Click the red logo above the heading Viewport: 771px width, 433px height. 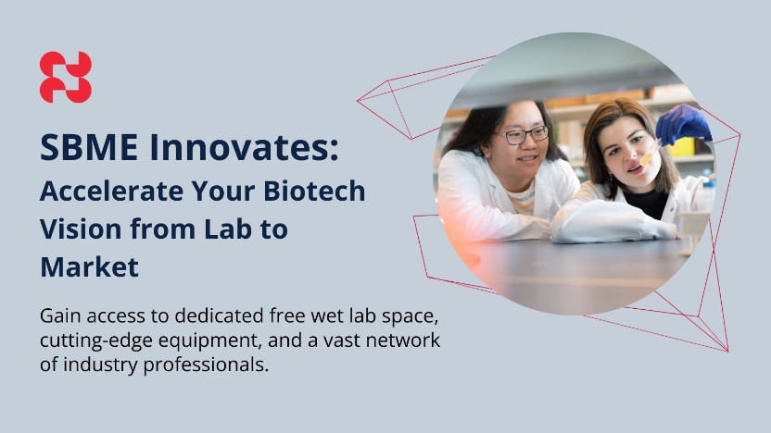(x=66, y=77)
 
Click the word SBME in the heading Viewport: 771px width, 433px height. (x=89, y=147)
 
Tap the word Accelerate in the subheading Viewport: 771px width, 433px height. (x=111, y=191)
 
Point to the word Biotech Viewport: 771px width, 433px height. (x=315, y=191)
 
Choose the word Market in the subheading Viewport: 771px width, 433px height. (x=90, y=267)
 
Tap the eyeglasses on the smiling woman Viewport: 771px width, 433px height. (x=525, y=135)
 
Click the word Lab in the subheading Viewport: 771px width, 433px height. (x=228, y=229)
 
